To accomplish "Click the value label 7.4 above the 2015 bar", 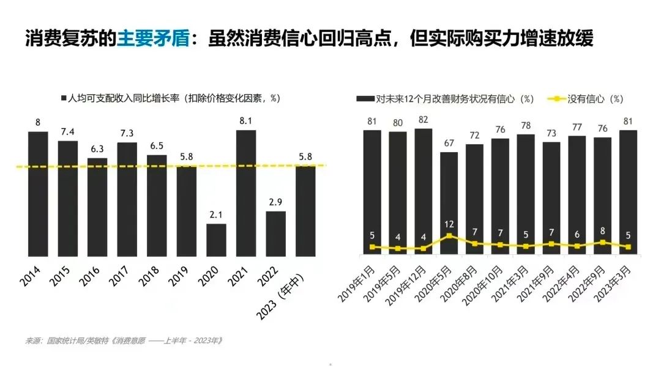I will [x=67, y=133].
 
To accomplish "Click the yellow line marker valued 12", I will [x=449, y=235].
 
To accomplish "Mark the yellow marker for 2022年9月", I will [x=603, y=242].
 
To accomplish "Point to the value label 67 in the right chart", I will [x=449, y=143].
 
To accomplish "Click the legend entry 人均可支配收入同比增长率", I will [x=171, y=98].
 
